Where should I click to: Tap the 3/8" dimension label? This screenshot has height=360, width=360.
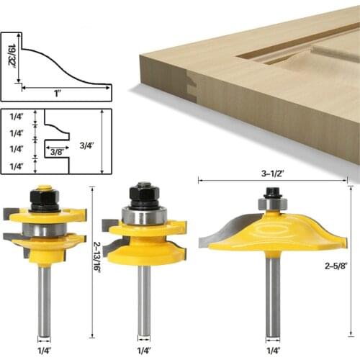tap(55, 152)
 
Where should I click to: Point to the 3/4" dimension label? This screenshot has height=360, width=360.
tap(88, 143)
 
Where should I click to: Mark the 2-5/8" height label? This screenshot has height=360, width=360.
tap(337, 265)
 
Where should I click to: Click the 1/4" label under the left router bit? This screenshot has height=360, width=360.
tap(45, 351)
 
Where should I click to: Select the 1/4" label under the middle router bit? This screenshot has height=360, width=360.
tap(144, 351)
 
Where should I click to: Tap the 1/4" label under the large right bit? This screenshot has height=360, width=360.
tap(273, 351)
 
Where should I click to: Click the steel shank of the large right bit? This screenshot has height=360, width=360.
tap(273, 295)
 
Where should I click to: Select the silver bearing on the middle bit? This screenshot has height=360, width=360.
tap(144, 215)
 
